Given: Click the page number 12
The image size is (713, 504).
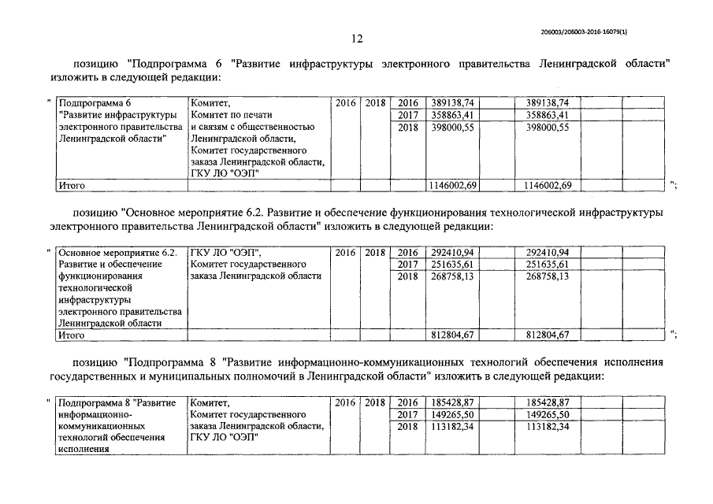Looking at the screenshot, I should pyautogui.click(x=357, y=39).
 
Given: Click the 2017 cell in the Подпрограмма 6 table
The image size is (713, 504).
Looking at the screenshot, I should pyautogui.click(x=407, y=115).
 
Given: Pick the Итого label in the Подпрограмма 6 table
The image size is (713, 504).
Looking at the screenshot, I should pyautogui.click(x=72, y=185).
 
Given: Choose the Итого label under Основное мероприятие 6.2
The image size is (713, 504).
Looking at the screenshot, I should pyautogui.click(x=72, y=335).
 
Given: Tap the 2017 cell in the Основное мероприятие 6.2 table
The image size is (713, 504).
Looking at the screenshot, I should pyautogui.click(x=407, y=265).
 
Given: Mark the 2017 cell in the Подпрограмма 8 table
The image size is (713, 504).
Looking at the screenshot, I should pyautogui.click(x=407, y=414).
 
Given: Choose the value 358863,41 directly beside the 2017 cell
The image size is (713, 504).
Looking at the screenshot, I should pyautogui.click(x=452, y=115).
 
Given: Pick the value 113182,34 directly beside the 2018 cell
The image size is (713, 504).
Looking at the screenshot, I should pyautogui.click(x=452, y=426).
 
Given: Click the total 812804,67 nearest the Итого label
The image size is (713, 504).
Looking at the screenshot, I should pyautogui.click(x=452, y=335).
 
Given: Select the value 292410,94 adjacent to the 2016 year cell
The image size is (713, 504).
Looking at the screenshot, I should pyautogui.click(x=452, y=253).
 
